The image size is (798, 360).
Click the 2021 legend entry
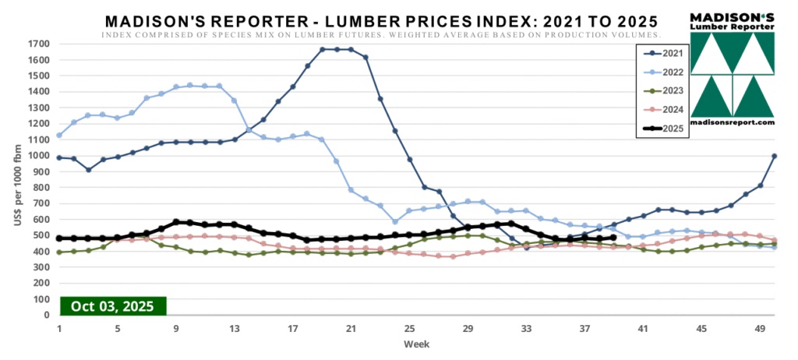[662, 53]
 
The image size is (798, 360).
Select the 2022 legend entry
[662, 72]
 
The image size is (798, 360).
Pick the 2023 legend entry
[662, 90]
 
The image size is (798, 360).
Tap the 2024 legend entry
[662, 110]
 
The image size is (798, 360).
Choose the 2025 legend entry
[662, 129]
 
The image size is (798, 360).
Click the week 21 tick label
[351, 328]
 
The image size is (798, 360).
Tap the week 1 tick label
[59, 328]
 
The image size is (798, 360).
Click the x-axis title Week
[414, 343]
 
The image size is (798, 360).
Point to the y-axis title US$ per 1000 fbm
[17, 179]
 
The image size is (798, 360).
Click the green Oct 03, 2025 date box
[112, 305]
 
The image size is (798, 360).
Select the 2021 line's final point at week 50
[774, 156]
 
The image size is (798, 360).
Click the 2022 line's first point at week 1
[59, 136]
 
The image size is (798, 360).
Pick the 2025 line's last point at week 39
[613, 238]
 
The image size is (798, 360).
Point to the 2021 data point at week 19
[323, 50]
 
